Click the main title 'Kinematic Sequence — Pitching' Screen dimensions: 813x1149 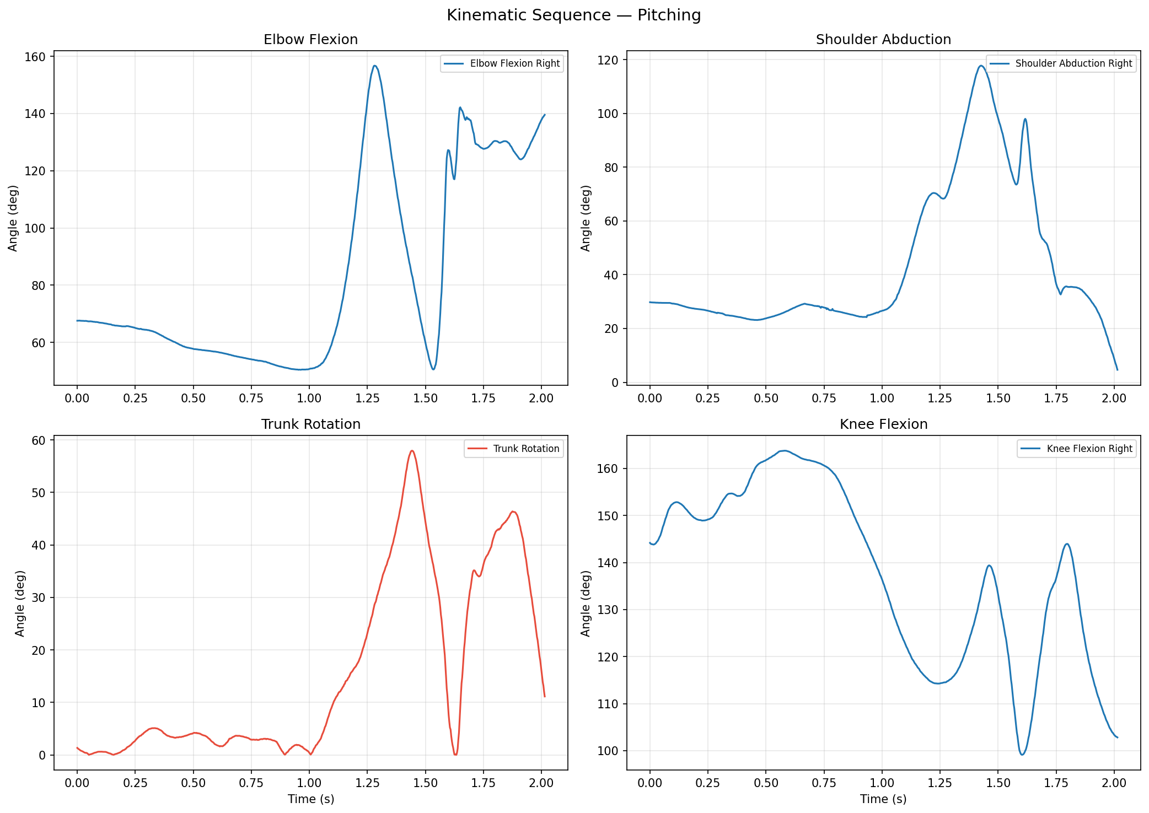click(573, 15)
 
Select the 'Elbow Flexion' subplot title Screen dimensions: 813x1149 click(310, 40)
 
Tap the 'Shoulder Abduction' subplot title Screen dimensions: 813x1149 click(883, 40)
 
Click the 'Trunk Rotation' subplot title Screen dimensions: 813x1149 click(310, 424)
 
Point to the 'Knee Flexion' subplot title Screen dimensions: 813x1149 click(883, 424)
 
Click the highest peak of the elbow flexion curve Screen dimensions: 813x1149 click(374, 66)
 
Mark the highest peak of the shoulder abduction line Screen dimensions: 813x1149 click(981, 66)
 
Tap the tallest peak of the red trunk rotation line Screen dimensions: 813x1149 click(411, 451)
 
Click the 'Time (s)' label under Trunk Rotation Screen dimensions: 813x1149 click(310, 799)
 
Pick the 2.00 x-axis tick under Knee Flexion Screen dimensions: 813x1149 click(1114, 783)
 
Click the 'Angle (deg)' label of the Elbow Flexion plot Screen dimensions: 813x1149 click(13, 218)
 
